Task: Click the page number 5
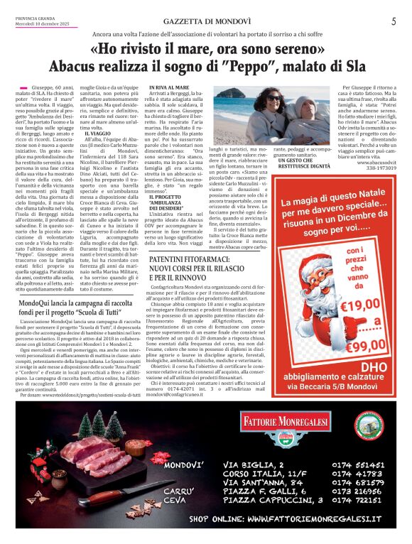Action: (393, 22)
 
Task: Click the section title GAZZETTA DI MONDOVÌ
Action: (205, 22)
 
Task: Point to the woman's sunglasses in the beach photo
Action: (273, 97)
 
